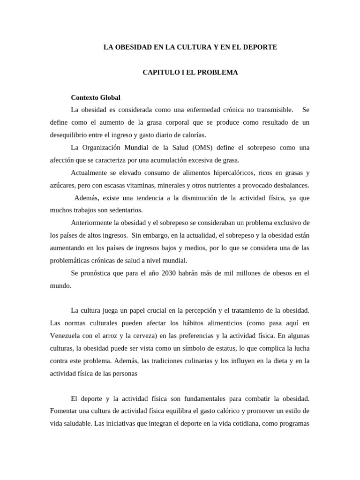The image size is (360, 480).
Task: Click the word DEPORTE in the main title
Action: pos(260,47)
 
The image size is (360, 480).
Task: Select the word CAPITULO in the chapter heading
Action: pos(158,73)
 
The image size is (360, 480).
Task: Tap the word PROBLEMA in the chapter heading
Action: pos(220,73)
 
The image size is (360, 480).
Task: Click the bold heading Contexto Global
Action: pos(96,97)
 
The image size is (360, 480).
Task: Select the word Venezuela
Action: pos(67,336)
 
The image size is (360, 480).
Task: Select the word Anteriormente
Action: pos(92,223)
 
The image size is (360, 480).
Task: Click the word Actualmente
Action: pos(89,173)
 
